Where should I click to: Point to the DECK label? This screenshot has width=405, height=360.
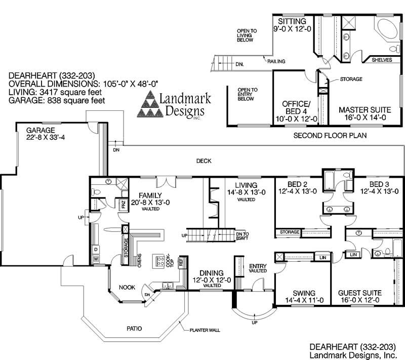[204, 161]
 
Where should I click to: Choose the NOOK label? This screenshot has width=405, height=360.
[127, 287]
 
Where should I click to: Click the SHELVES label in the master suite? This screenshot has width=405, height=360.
[382, 60]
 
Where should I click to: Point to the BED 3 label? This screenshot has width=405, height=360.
[379, 184]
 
